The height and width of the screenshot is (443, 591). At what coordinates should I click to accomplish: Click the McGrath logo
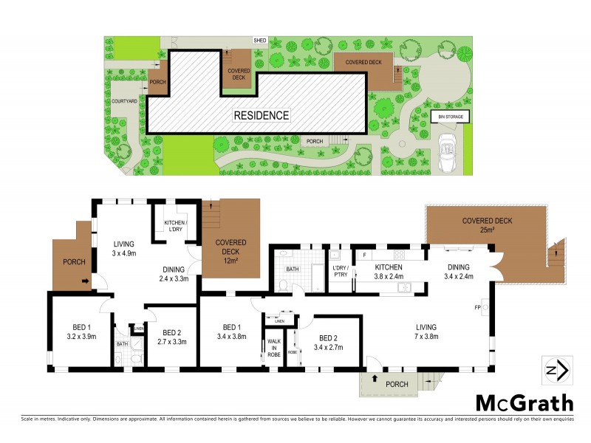(x=523, y=402)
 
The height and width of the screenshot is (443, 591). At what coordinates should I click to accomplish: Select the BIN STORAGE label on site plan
(x=450, y=117)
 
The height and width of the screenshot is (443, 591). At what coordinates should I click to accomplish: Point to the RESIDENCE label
(x=262, y=115)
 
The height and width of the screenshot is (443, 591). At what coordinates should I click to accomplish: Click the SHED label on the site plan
(x=259, y=41)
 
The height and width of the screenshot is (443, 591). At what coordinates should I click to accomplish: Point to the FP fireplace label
(x=476, y=306)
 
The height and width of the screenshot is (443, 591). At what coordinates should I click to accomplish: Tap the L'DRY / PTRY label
(x=340, y=271)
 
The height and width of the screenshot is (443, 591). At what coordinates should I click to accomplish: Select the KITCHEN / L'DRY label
(x=175, y=226)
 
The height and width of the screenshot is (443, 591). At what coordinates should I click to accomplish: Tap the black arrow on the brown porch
(x=86, y=281)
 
